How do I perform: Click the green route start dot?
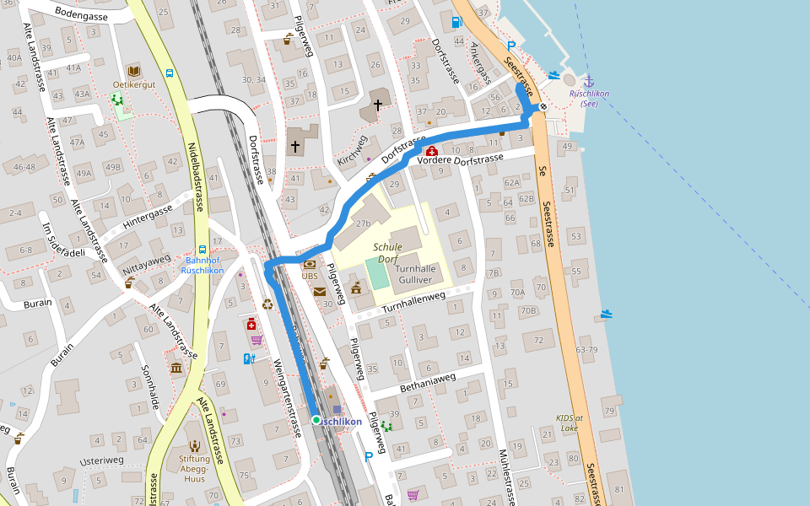pos(316,420)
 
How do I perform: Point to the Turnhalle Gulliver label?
pos(414,273)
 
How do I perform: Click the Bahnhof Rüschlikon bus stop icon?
pos(202,250)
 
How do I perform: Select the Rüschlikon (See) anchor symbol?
pos(589,80)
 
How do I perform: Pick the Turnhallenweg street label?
pos(413,304)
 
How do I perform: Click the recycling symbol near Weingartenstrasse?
pos(268,304)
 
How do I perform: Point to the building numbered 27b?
pos(363,223)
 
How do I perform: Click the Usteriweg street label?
pos(101,460)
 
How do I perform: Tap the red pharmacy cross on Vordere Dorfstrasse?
pos(431,151)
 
